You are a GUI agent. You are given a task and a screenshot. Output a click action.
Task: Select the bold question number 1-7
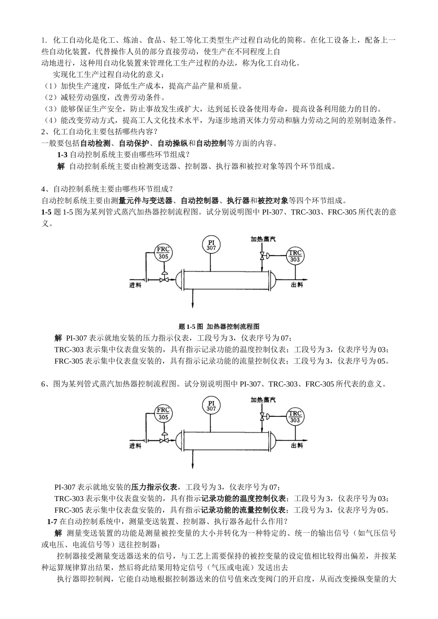[52, 521]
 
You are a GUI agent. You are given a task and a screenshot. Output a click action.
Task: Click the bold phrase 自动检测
[95, 143]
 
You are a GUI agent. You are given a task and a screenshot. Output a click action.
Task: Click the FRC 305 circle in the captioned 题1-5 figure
[163, 253]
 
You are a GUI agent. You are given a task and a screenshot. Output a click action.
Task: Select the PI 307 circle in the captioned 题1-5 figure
[211, 245]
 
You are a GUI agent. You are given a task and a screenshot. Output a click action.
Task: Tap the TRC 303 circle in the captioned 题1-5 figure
[295, 256]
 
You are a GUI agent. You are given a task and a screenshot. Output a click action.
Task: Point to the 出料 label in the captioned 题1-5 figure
[297, 285]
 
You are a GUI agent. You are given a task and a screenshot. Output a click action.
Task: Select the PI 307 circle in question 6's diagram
[211, 406]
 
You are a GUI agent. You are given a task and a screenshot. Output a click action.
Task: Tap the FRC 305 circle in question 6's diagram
[163, 414]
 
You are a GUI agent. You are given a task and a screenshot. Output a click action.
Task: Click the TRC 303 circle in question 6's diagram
[295, 417]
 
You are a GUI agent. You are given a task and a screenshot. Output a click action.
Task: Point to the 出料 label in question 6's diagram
[297, 445]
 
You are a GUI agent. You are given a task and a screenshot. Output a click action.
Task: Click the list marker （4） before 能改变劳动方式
[50, 120]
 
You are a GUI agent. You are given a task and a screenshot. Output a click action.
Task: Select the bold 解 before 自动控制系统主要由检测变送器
[61, 166]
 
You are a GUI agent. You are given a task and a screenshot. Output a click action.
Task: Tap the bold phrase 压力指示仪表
[155, 487]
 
